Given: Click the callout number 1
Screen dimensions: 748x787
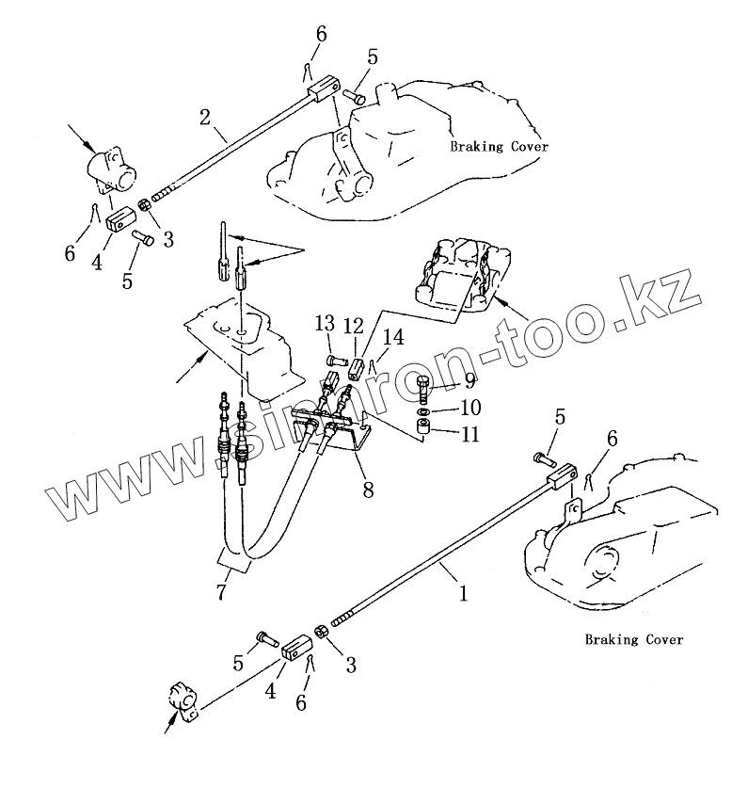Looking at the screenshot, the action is pyautogui.click(x=462, y=594).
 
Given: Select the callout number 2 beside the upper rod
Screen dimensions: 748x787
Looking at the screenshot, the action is pyautogui.click(x=204, y=117).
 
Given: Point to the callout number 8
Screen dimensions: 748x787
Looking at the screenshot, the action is pyautogui.click(x=368, y=490).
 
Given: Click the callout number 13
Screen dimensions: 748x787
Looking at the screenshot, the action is pyautogui.click(x=325, y=324).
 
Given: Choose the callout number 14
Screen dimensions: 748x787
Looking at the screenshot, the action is pyautogui.click(x=392, y=336).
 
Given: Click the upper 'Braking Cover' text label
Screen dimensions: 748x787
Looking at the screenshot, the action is pyautogui.click(x=498, y=147).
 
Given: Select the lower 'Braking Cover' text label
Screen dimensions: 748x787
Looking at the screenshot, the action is pyautogui.click(x=633, y=640).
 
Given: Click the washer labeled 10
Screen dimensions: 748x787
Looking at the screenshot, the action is pyautogui.click(x=423, y=411).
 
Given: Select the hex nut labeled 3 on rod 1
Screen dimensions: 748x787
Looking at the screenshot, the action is pyautogui.click(x=321, y=633).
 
